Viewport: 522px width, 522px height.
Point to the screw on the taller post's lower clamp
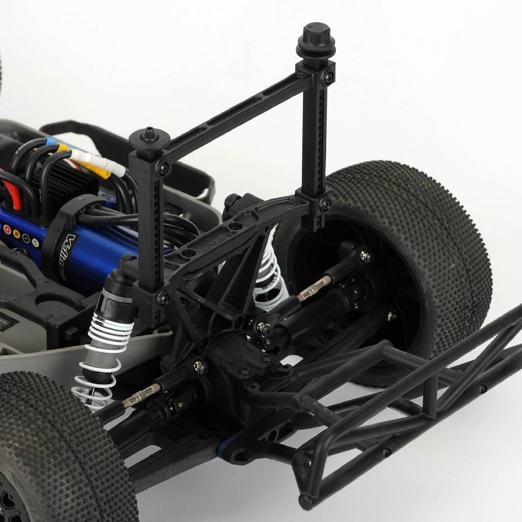325,205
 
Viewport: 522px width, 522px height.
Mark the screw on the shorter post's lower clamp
163,300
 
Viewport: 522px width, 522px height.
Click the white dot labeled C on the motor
35,242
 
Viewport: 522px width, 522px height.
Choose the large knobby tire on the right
408,255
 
